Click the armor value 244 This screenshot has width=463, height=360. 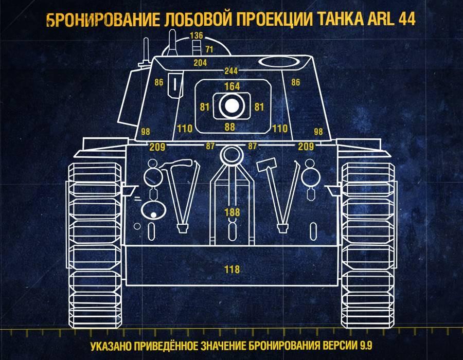tap(231, 71)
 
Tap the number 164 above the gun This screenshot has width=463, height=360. tap(232, 86)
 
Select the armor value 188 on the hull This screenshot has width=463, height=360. tap(232, 212)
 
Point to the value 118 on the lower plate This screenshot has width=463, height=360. tap(232, 269)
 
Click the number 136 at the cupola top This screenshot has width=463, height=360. tap(197, 35)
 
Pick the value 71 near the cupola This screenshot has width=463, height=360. tap(209, 49)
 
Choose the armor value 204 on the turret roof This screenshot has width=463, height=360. tap(200, 63)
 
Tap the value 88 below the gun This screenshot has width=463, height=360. tap(230, 127)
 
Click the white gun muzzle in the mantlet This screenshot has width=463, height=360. tap(232, 106)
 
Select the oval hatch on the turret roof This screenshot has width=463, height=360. tap(278, 62)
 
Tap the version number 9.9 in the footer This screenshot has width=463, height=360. tap(366, 345)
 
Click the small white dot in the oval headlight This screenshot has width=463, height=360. tap(153, 215)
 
